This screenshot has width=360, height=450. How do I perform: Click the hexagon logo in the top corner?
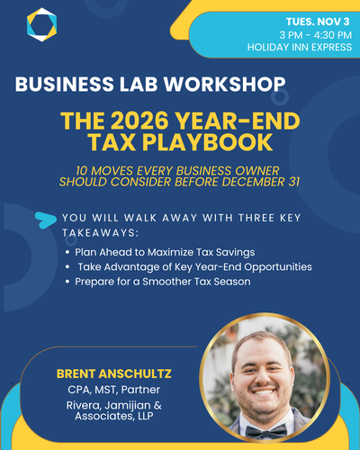pos(41,24)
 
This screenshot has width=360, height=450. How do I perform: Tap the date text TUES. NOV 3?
pos(318,22)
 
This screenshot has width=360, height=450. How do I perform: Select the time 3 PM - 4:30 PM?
pos(316,35)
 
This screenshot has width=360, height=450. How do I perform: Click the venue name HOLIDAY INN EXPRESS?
pos(300,47)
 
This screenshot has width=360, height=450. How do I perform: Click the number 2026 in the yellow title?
pos(139,121)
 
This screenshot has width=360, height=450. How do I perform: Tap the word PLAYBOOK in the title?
pos(207,142)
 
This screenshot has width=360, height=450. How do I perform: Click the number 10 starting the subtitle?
pos(82,171)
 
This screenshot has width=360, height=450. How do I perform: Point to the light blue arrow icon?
pos(45,220)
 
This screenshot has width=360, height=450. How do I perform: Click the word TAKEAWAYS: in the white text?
pos(101,233)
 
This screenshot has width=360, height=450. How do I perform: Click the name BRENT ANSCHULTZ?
pos(114,373)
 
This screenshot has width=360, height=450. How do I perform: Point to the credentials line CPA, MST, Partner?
pos(114,390)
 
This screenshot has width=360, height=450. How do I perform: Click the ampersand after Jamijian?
pos(157,405)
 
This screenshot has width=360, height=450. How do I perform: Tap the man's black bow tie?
pos(266,432)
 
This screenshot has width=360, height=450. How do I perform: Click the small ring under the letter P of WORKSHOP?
pos(280,96)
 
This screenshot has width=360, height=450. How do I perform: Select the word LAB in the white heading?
pos(139,84)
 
